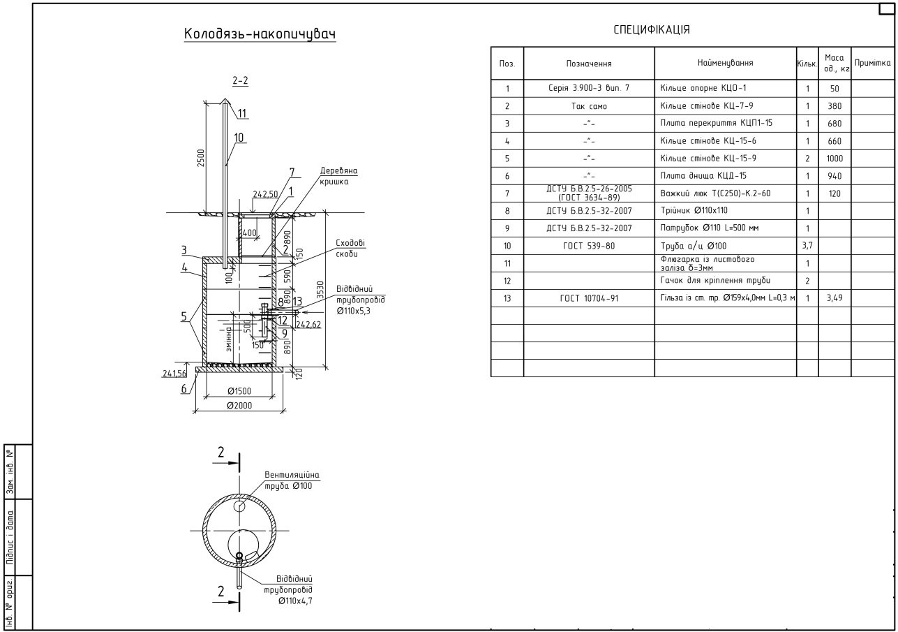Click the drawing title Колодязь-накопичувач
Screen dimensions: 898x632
260,34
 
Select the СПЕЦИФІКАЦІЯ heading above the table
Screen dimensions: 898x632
652,30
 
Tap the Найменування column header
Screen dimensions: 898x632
725,63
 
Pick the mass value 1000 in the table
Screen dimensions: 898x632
835,159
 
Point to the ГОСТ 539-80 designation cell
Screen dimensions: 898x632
588,246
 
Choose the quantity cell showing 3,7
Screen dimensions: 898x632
807,246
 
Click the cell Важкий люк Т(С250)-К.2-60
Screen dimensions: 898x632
715,193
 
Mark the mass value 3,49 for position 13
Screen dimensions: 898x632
835,298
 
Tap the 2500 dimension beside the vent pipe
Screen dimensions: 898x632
201,158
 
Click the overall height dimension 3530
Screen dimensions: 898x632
320,290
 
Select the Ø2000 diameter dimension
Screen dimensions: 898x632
239,406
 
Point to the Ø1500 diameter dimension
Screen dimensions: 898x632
239,391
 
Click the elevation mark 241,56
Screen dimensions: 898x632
174,374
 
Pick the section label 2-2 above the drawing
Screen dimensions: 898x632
240,80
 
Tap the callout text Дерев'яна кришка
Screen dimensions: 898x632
338,176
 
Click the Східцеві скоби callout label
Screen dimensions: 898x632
350,249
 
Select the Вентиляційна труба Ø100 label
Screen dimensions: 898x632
292,480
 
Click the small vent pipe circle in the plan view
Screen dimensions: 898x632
239,506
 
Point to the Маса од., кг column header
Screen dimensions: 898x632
835,64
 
